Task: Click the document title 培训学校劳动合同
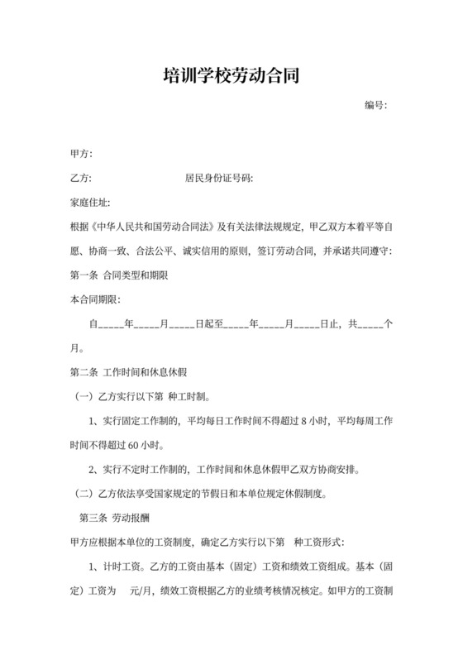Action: point(231,77)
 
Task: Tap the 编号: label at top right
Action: point(376,106)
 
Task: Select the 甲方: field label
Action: point(82,155)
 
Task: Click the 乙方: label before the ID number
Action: point(82,178)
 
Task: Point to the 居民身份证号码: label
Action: point(218,178)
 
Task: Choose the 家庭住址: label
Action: point(91,202)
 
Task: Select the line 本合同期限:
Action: point(97,298)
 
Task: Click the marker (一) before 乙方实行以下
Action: point(85,397)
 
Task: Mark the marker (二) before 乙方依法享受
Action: point(85,495)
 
